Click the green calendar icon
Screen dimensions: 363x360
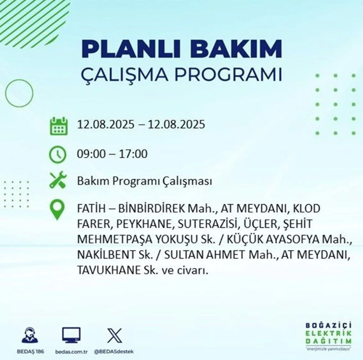(x=59, y=126)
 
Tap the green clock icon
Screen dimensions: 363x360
(x=58, y=154)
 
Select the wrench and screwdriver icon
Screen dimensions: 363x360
(x=58, y=180)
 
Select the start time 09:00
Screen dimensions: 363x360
(x=91, y=154)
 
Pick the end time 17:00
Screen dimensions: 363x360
(x=133, y=154)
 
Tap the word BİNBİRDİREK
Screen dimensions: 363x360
(x=152, y=209)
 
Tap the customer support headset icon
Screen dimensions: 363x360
(x=30, y=335)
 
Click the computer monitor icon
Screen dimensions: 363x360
(x=71, y=335)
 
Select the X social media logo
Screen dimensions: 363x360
(x=114, y=335)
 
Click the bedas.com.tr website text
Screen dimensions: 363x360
(x=71, y=352)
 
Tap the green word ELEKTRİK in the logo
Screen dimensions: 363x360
(x=329, y=334)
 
